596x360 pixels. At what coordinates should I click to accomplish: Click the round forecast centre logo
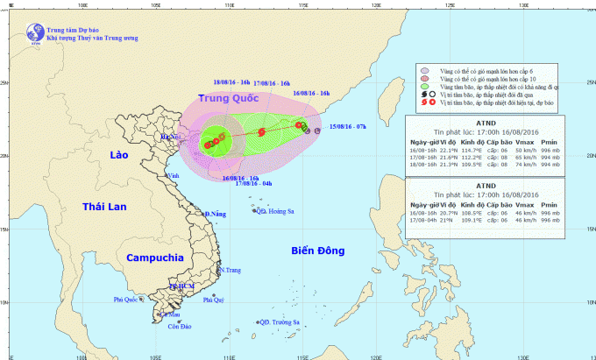coord(35,32)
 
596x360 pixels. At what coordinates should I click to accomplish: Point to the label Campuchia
coord(154,258)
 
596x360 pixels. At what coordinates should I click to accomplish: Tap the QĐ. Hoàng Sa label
coord(275,210)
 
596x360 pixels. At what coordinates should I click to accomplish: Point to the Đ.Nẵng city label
coord(214,215)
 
